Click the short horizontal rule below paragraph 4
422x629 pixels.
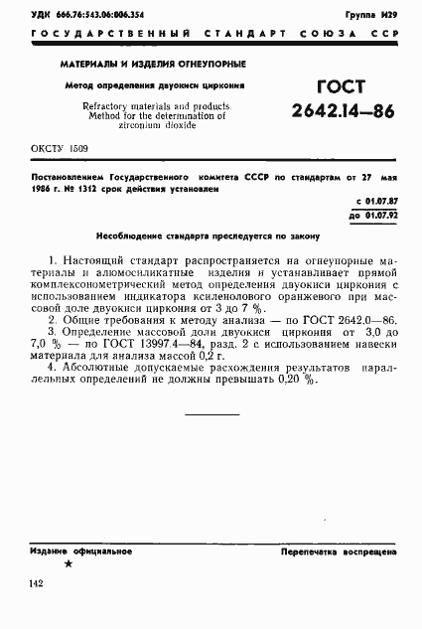pos(211,413)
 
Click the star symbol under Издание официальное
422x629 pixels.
pos(68,563)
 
